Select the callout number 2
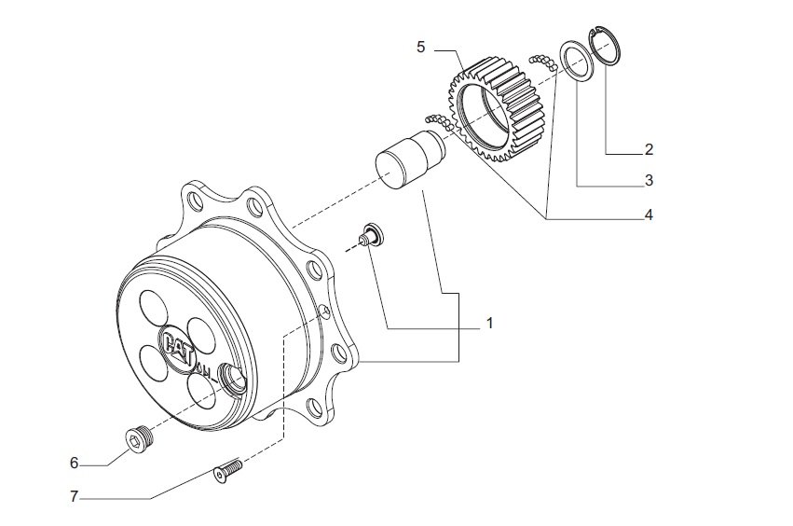tap(649, 148)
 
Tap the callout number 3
tap(649, 179)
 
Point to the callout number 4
tap(649, 215)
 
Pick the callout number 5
tap(421, 47)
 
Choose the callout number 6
tap(74, 461)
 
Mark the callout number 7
tap(74, 496)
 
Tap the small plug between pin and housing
tap(371, 234)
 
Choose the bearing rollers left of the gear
tap(437, 121)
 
